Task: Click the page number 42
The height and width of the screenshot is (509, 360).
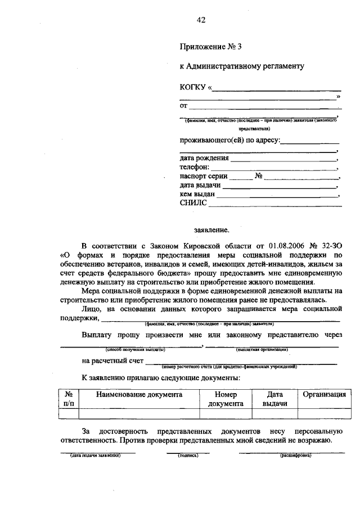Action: [x=201, y=20]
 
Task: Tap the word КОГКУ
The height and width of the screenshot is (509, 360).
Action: [x=193, y=87]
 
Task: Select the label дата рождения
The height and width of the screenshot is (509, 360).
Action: [x=204, y=157]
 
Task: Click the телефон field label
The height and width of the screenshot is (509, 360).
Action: [x=195, y=167]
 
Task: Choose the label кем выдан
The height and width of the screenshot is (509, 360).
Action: [x=197, y=194]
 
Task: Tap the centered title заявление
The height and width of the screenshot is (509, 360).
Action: [x=211, y=230]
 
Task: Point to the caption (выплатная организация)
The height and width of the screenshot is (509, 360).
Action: [x=262, y=349]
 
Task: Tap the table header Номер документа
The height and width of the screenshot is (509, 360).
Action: [x=226, y=399]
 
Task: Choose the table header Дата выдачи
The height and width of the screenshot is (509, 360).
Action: [x=274, y=399]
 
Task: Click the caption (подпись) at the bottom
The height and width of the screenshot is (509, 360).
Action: [x=188, y=455]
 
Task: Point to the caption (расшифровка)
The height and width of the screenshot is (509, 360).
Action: [x=296, y=455]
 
